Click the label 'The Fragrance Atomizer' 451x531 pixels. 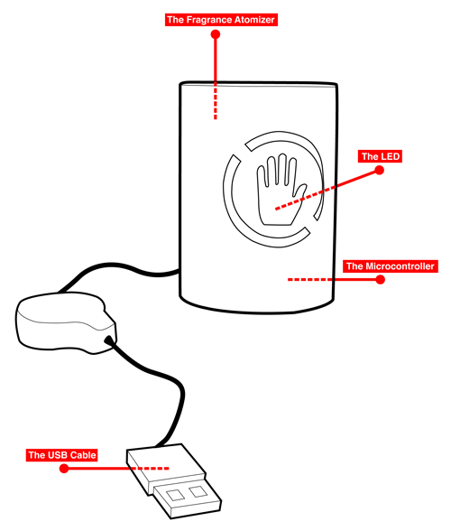point(221,19)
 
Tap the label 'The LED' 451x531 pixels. point(381,156)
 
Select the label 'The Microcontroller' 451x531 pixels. point(391,266)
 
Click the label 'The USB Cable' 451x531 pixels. point(62,454)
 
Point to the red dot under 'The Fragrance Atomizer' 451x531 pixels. point(215,34)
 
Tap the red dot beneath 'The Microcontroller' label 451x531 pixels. point(380,280)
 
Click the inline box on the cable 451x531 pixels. point(63,321)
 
